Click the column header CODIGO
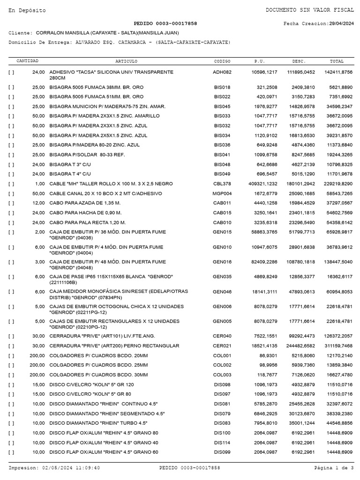tap(222, 61)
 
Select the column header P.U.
tap(259, 61)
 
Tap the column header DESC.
tap(299, 61)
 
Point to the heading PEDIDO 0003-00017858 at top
tap(165, 23)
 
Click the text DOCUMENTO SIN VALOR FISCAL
tap(309, 10)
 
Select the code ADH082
tap(222, 72)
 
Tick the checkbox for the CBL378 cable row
tap(11, 184)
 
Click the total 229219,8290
tap(338, 184)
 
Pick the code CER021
tap(222, 345)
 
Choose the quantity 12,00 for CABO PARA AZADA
tap(38, 202)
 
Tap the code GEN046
tap(222, 292)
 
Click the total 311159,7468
tap(338, 345)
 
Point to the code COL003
tap(222, 375)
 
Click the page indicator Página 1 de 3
tap(334, 468)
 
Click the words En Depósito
tap(27, 10)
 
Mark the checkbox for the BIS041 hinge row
tap(11, 155)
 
